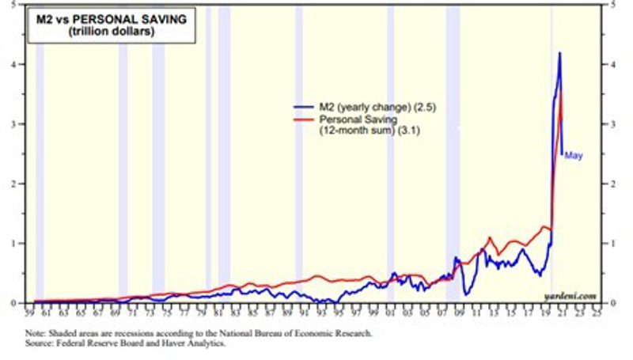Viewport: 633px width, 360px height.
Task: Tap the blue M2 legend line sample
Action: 303,107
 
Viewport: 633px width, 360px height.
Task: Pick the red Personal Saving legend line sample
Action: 303,118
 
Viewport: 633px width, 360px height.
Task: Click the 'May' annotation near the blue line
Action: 573,156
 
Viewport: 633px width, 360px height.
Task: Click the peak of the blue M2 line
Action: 560,53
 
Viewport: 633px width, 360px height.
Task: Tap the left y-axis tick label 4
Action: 19,65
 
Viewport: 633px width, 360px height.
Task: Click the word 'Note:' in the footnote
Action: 36,334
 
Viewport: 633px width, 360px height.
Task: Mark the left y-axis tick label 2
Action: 19,184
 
